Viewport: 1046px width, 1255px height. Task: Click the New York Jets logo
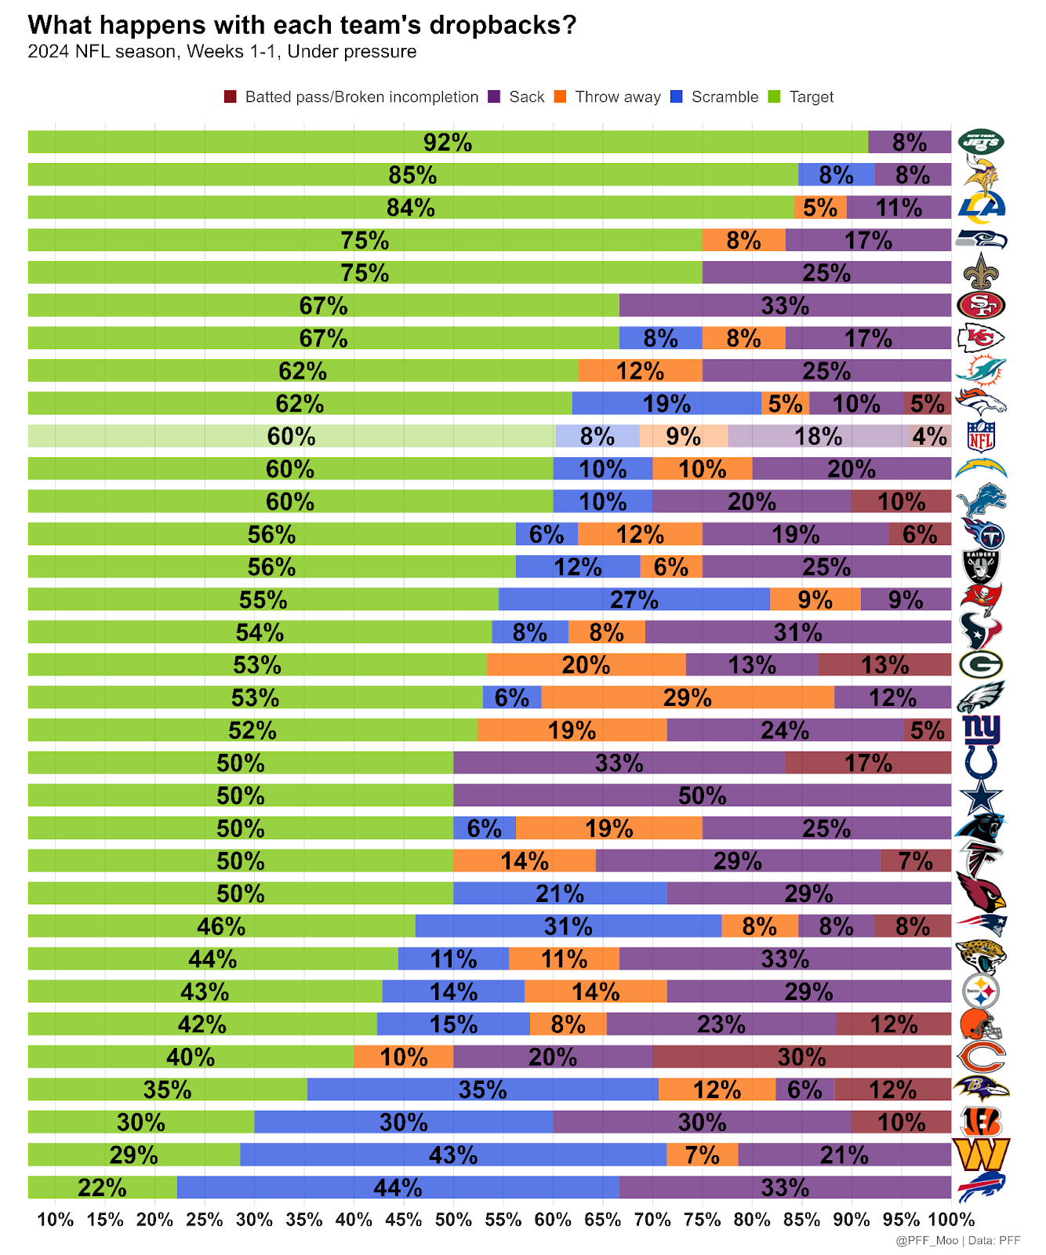pyautogui.click(x=981, y=142)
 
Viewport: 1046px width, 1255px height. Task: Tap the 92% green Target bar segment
pyautogui.click(x=448, y=142)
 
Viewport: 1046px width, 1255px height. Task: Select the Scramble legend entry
pyautogui.click(x=724, y=97)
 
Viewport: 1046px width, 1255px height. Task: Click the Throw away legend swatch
pyautogui.click(x=560, y=97)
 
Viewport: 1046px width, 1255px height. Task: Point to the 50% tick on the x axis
pyautogui.click(x=453, y=1220)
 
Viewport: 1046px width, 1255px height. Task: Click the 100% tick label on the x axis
pyautogui.click(x=951, y=1220)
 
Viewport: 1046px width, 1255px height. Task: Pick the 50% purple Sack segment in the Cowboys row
pyautogui.click(x=702, y=795)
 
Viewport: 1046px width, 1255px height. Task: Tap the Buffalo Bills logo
pyautogui.click(x=981, y=1187)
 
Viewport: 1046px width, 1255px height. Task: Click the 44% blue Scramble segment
pyautogui.click(x=398, y=1188)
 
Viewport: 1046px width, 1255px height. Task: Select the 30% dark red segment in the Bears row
pyautogui.click(x=801, y=1057)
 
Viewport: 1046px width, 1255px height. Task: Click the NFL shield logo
pyautogui.click(x=981, y=436)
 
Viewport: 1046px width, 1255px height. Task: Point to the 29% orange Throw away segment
pyautogui.click(x=687, y=697)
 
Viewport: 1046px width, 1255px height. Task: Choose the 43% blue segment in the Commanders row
pyautogui.click(x=453, y=1155)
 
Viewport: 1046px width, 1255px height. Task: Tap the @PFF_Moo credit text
pyautogui.click(x=927, y=1240)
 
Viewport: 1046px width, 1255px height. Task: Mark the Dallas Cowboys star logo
pyautogui.click(x=981, y=795)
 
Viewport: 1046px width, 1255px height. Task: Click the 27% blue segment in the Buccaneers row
pyautogui.click(x=634, y=599)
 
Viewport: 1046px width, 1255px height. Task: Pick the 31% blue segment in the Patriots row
pyautogui.click(x=568, y=926)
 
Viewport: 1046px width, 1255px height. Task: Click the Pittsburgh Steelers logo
pyautogui.click(x=981, y=991)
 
